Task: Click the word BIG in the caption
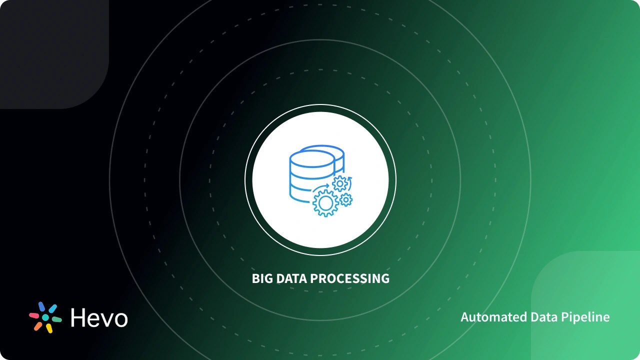(x=261, y=278)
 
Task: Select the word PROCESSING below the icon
(x=350, y=278)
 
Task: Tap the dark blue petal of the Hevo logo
(x=41, y=306)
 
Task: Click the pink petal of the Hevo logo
(x=34, y=315)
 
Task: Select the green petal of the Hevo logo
(x=56, y=318)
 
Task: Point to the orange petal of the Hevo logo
(x=38, y=326)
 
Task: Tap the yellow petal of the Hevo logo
(x=49, y=328)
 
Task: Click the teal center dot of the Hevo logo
(x=45, y=317)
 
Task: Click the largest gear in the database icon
(x=325, y=203)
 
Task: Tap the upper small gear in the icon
(x=340, y=184)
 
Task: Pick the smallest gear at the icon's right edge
(x=346, y=200)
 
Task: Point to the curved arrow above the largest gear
(x=321, y=186)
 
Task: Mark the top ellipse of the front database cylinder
(x=311, y=158)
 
